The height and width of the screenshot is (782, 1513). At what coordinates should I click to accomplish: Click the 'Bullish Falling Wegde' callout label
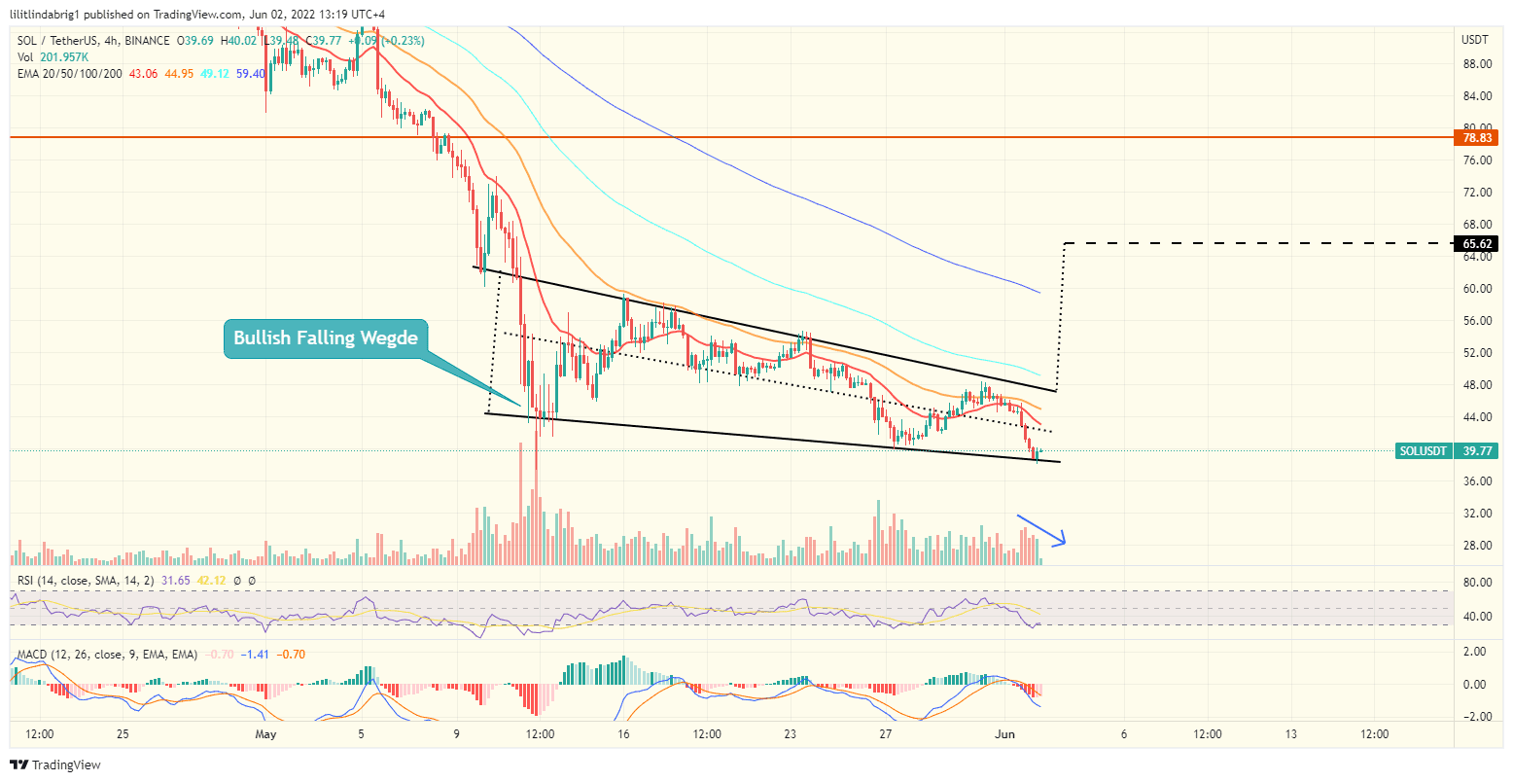pos(326,338)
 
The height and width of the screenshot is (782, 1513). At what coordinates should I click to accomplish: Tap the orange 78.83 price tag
pos(1478,138)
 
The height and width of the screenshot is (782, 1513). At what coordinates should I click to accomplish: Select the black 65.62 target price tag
pos(1478,244)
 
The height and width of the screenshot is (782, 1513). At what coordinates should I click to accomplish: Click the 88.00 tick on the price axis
pos(1477,64)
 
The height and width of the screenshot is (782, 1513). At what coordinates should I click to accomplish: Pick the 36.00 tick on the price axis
pos(1477,481)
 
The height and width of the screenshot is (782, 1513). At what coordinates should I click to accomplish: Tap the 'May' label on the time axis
pos(265,734)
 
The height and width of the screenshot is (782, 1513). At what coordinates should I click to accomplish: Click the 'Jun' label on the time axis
pos(1006,734)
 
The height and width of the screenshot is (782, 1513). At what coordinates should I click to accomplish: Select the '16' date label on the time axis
pos(623,734)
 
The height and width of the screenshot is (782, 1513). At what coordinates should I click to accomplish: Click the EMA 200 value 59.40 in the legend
pos(250,74)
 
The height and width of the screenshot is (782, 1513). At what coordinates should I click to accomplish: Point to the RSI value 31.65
pos(176,581)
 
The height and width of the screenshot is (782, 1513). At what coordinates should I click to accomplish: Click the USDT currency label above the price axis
pos(1475,40)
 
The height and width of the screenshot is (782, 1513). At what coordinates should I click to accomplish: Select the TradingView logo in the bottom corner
pos(55,765)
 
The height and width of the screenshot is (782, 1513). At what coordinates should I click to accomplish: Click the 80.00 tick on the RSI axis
pos(1477,583)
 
